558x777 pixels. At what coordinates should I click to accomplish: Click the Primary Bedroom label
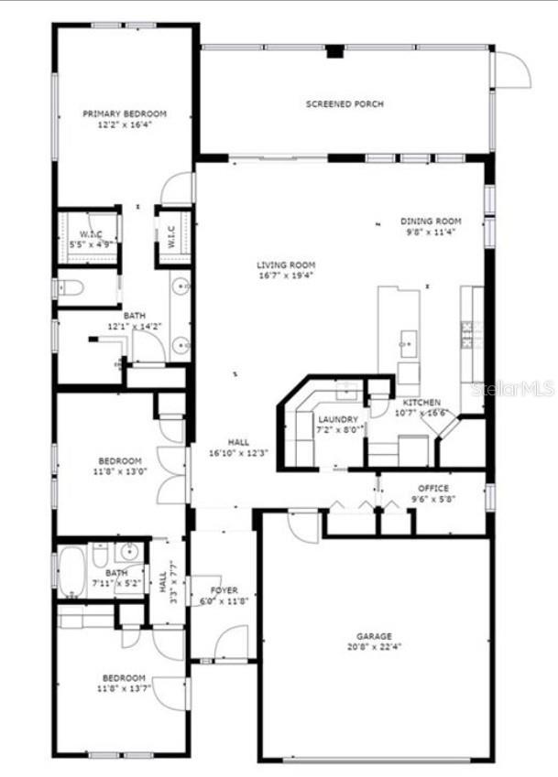pos(125,113)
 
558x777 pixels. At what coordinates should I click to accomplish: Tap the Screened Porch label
pos(345,104)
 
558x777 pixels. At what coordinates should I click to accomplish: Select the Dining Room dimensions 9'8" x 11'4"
pos(430,232)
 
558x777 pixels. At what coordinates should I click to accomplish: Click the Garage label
pos(374,636)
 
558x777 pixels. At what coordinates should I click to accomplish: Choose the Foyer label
pos(224,590)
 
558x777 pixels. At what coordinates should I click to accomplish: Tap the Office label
pos(433,489)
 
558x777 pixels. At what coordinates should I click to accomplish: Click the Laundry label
pos(338,419)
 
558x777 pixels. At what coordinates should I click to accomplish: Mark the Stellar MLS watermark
pos(512,389)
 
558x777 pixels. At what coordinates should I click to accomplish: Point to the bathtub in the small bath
pos(71,571)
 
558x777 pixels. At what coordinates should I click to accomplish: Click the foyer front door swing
pos(232,641)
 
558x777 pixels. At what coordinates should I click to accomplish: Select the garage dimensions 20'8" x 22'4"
pos(374,647)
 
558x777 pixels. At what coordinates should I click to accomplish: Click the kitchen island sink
pos(407,344)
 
